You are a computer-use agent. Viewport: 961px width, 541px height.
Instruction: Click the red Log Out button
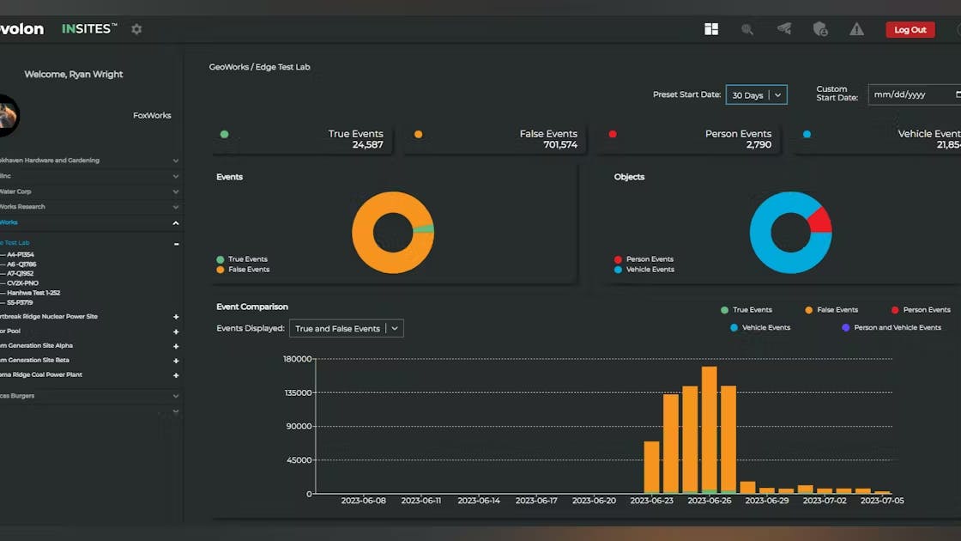[x=910, y=30]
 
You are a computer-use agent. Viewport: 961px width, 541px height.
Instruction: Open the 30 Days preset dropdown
[x=756, y=95]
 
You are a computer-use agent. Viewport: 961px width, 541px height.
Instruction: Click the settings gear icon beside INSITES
[x=136, y=29]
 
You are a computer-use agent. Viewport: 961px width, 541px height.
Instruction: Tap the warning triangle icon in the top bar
[x=856, y=29]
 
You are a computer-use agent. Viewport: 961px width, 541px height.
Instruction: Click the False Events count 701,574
[x=560, y=145]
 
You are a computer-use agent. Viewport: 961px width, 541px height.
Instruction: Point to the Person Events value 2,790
[x=759, y=145]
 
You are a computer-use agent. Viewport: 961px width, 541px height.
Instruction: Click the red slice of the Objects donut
[x=820, y=220]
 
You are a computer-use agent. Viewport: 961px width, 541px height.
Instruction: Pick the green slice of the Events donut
[x=424, y=229]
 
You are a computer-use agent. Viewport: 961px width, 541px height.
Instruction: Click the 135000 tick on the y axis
[x=298, y=392]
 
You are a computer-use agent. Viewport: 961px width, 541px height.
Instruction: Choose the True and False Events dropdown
[x=347, y=329]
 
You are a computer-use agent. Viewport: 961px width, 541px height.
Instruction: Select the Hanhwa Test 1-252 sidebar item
[x=33, y=293]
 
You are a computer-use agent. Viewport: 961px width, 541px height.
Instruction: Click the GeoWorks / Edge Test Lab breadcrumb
[x=259, y=67]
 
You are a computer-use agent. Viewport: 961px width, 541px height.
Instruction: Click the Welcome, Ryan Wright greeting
[x=74, y=75]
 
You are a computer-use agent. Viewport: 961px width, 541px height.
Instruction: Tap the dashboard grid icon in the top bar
[x=711, y=29]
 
